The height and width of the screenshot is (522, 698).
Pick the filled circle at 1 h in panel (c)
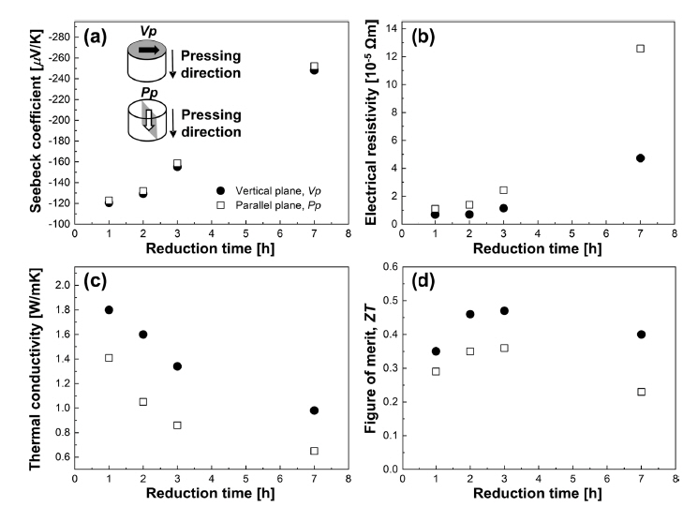pyautogui.click(x=109, y=310)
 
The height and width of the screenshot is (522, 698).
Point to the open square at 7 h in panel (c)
pyautogui.click(x=314, y=451)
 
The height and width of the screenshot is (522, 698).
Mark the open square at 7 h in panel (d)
pyautogui.click(x=641, y=392)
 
